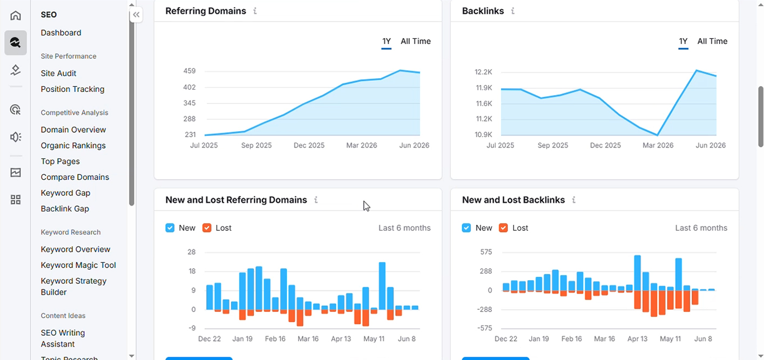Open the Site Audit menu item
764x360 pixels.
pyautogui.click(x=58, y=73)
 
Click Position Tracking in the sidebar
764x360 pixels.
pyautogui.click(x=73, y=89)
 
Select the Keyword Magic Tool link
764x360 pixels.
pyautogui.click(x=78, y=265)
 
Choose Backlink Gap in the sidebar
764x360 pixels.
pyautogui.click(x=65, y=209)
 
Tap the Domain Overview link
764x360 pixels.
pyautogui.click(x=73, y=130)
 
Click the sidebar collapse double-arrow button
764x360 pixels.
pyautogui.click(x=136, y=15)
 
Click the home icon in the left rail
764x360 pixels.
pyautogui.click(x=15, y=15)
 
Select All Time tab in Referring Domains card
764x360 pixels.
pyautogui.click(x=415, y=41)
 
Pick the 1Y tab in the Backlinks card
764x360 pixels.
pyautogui.click(x=683, y=42)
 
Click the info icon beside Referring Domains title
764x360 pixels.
pyautogui.click(x=255, y=11)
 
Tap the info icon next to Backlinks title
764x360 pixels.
pyautogui.click(x=512, y=11)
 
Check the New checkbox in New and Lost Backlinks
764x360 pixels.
pyautogui.click(x=466, y=228)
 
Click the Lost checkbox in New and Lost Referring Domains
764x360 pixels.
pyautogui.click(x=207, y=228)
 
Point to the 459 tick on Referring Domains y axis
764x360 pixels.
pyautogui.click(x=190, y=71)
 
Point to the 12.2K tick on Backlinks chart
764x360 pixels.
pyautogui.click(x=483, y=72)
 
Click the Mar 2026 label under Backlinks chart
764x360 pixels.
pyautogui.click(x=658, y=145)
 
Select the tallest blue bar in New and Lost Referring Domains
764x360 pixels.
pyautogui.click(x=382, y=286)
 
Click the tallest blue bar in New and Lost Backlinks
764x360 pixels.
pyautogui.click(x=637, y=273)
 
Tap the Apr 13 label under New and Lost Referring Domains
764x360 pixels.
pyautogui.click(x=341, y=339)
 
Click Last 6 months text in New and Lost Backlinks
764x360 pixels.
pyautogui.click(x=701, y=228)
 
